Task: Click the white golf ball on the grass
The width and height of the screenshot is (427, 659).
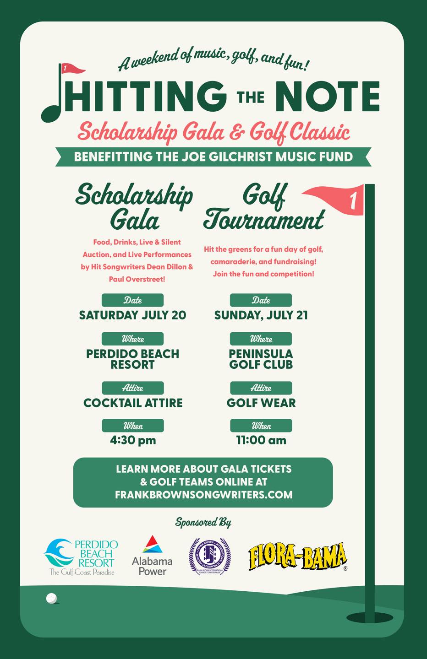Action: tap(52, 598)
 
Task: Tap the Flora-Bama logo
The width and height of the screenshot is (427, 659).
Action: tap(297, 556)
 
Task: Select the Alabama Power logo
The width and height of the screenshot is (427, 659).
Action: tap(152, 556)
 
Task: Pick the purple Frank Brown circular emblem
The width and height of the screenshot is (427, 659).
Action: tap(210, 556)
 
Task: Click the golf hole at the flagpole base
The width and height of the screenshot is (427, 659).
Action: tap(369, 618)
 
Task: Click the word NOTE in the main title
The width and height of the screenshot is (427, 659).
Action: tap(328, 97)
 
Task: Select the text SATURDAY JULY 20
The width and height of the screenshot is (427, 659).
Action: tap(132, 315)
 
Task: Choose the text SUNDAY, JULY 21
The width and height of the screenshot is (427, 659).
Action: tap(261, 315)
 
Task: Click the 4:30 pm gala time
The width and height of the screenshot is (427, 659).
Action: tap(133, 440)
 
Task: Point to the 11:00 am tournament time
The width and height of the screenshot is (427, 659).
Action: tap(261, 440)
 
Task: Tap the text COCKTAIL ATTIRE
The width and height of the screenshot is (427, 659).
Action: tap(133, 403)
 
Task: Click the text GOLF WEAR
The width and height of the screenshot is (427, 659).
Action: tap(261, 403)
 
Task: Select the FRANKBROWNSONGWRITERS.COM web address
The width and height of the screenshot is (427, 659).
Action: tap(203, 495)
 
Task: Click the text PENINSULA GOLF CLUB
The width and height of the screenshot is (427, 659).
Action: tap(261, 359)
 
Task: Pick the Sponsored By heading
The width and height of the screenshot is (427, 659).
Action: tap(203, 522)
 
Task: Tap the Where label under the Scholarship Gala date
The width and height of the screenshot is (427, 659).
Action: tap(133, 339)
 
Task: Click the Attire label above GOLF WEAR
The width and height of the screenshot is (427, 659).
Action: tap(261, 388)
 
